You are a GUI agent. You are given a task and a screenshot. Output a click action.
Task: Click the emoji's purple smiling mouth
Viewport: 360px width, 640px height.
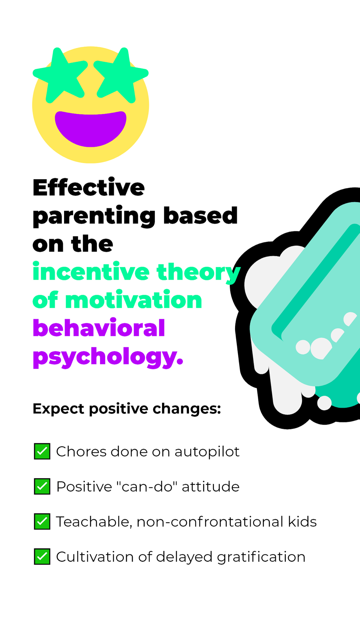pos(91,128)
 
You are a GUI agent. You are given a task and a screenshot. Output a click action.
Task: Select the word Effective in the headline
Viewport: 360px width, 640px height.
pos(89,188)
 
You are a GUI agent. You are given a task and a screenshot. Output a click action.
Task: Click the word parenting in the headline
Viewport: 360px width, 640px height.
pos(94,216)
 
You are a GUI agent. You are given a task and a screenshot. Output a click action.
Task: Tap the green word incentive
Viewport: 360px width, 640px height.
pos(91,271)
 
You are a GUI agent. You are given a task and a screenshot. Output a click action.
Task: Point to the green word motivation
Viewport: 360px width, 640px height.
pos(134,300)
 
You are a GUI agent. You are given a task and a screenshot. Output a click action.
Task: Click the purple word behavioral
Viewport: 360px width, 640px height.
pos(99,328)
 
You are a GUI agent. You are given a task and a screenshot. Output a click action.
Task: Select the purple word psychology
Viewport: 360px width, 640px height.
pos(108,357)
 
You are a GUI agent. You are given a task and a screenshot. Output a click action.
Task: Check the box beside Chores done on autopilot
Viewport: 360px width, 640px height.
pos(42,451)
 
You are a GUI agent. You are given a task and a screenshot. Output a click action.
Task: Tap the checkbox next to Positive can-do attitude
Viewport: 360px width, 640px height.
pos(42,487)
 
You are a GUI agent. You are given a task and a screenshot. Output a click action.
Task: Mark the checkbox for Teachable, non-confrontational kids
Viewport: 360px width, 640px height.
pos(42,522)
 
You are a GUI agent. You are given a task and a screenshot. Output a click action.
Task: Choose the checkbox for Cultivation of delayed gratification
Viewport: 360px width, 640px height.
pos(42,557)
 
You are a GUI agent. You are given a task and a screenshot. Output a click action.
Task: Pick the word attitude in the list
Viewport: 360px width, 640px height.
pos(211,487)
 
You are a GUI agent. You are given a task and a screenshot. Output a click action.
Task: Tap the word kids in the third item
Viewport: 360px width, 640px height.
pos(302,522)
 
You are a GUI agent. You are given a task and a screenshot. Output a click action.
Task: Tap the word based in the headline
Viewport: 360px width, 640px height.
pos(201,215)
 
